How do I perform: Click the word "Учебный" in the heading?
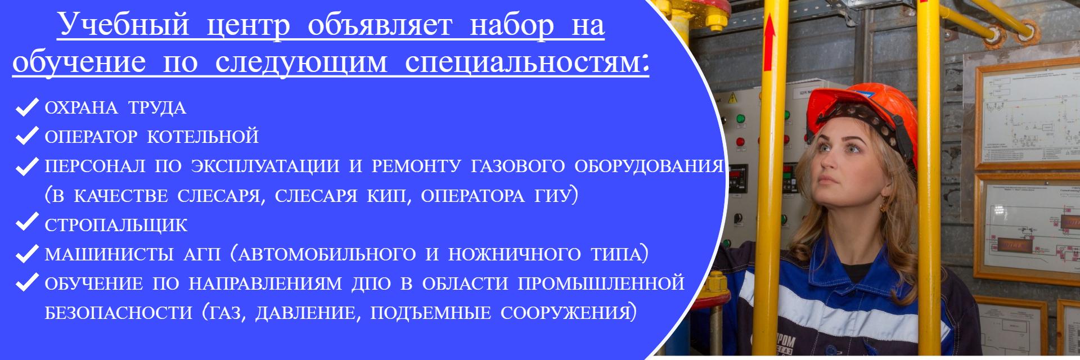pyautogui.click(x=124, y=25)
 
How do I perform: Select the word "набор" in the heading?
pyautogui.click(x=511, y=26)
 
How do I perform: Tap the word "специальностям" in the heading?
pyautogui.click(x=523, y=61)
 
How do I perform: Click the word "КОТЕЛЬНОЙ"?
pyautogui.click(x=203, y=137)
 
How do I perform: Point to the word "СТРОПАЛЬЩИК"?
pyautogui.click(x=116, y=225)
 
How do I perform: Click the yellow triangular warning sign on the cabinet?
pyautogui.click(x=733, y=98)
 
